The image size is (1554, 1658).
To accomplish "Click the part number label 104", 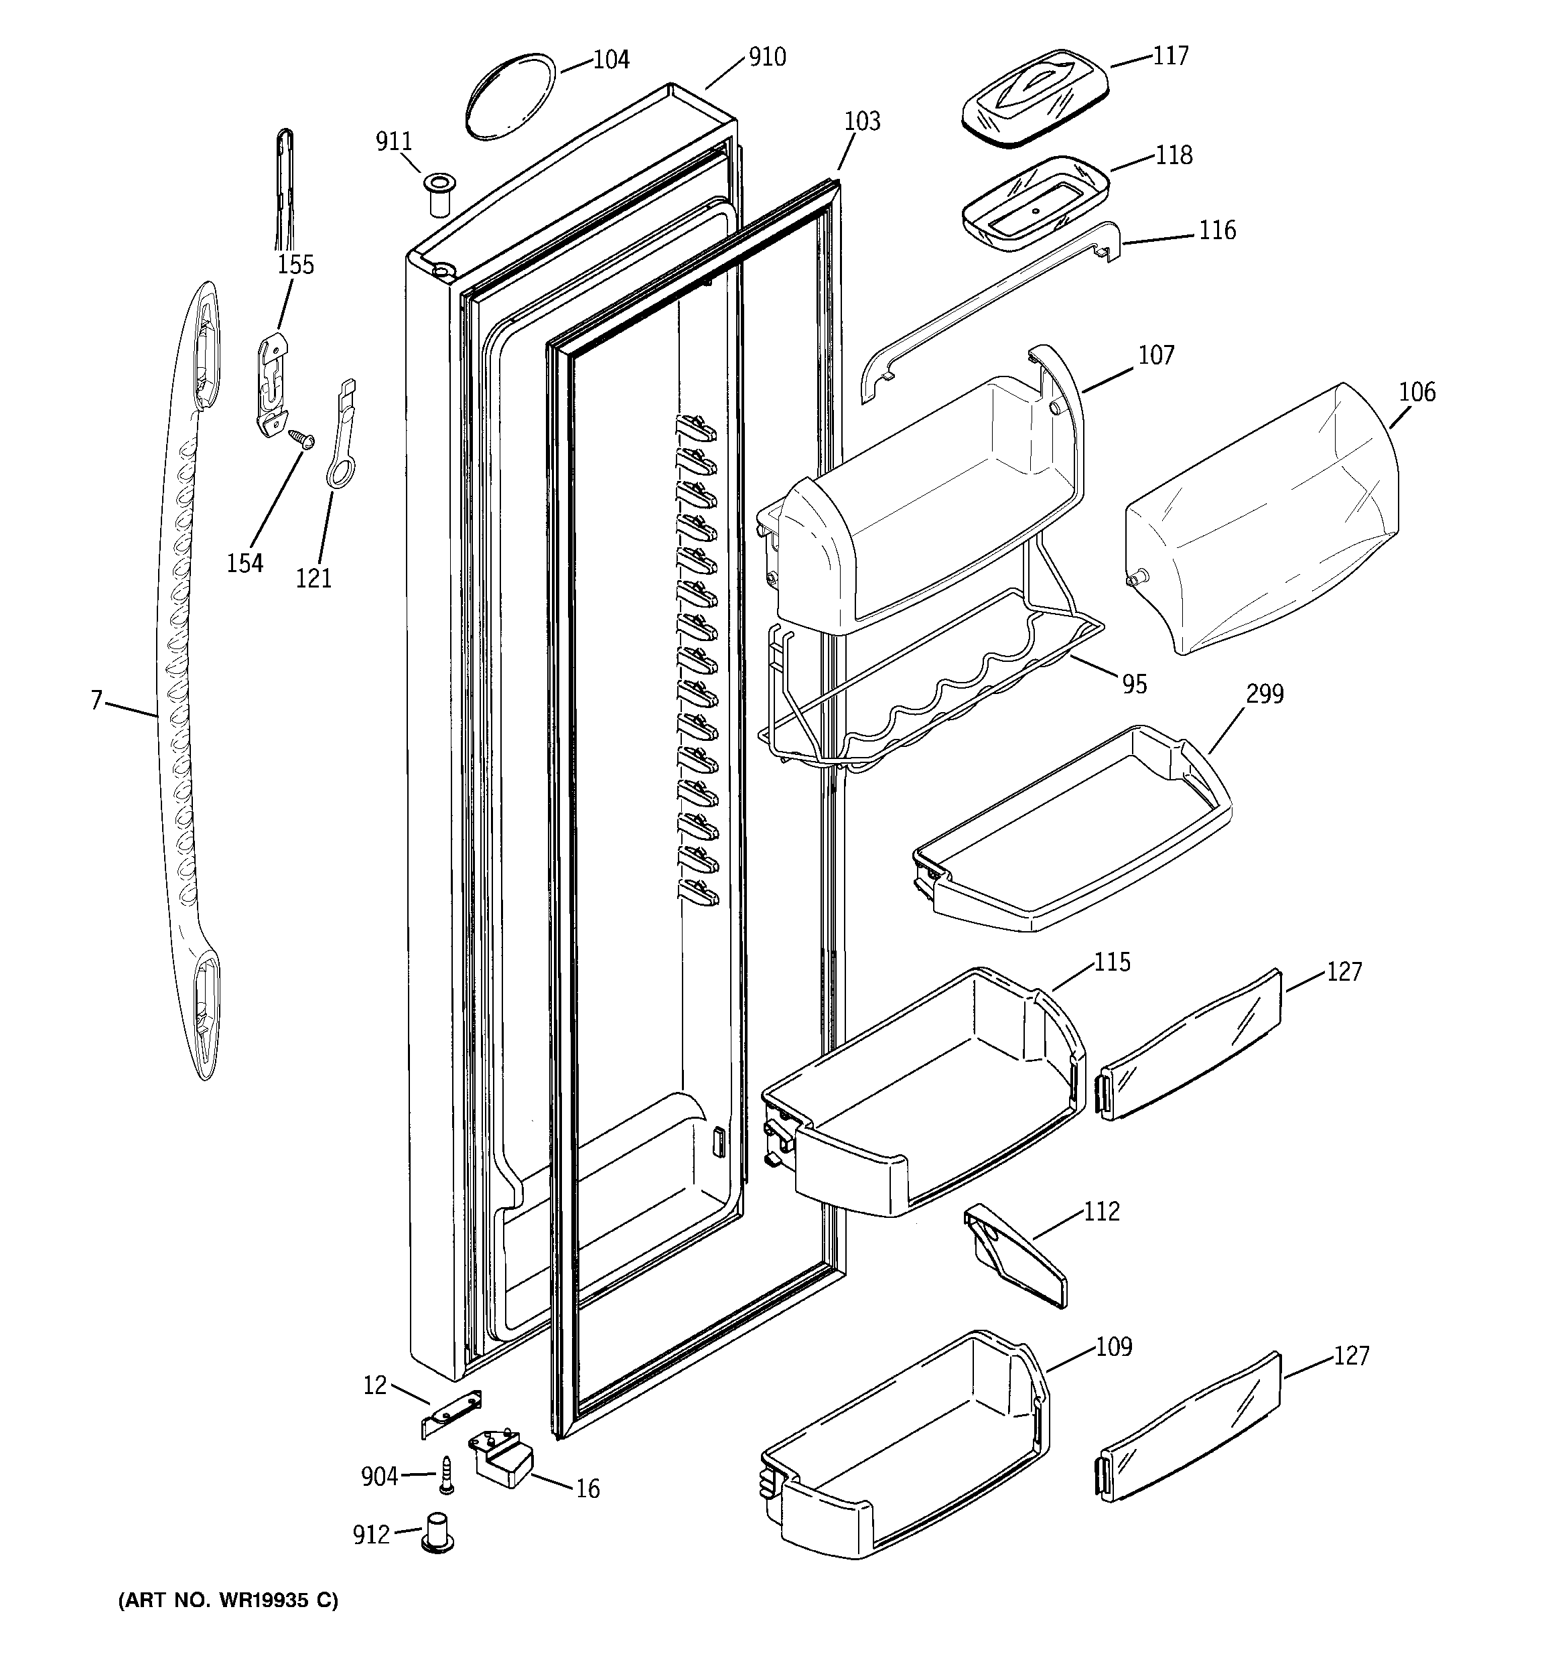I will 611,60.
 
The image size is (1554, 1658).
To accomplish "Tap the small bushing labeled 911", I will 439,195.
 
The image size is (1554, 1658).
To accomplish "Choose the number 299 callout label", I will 1265,694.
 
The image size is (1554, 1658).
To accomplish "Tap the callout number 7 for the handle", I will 96,701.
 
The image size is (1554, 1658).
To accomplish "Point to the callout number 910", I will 766,57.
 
